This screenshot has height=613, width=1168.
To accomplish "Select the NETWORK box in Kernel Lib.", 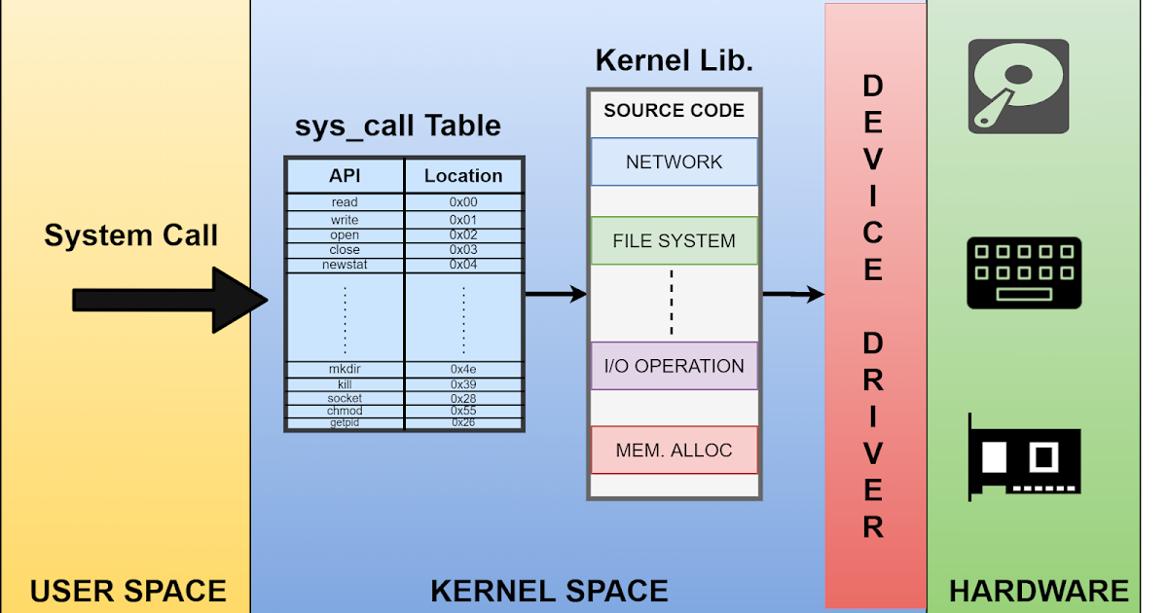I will [674, 162].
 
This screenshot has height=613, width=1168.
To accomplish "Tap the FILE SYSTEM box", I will [674, 240].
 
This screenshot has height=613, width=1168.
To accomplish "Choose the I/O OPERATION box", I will [674, 366].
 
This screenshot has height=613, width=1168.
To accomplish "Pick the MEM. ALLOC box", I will [674, 451].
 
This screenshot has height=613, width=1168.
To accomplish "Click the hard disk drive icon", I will [1018, 87].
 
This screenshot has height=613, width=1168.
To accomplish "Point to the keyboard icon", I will [1023, 272].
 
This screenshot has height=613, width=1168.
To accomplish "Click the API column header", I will [345, 175].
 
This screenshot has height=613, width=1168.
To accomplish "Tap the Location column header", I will [463, 175].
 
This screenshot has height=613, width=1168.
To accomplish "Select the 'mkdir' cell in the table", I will [345, 370].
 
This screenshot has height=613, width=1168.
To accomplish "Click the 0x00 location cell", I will [463, 202].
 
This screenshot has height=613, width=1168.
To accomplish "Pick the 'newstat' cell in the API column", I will [345, 265].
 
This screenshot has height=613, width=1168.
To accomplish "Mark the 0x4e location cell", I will [463, 370].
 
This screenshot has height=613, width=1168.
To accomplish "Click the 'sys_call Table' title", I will [397, 126].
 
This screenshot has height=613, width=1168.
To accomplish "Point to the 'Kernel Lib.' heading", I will [674, 60].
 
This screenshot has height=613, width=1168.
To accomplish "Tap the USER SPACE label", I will [128, 591].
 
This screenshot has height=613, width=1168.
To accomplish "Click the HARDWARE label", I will [1039, 591].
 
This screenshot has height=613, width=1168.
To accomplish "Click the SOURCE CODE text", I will [674, 110].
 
